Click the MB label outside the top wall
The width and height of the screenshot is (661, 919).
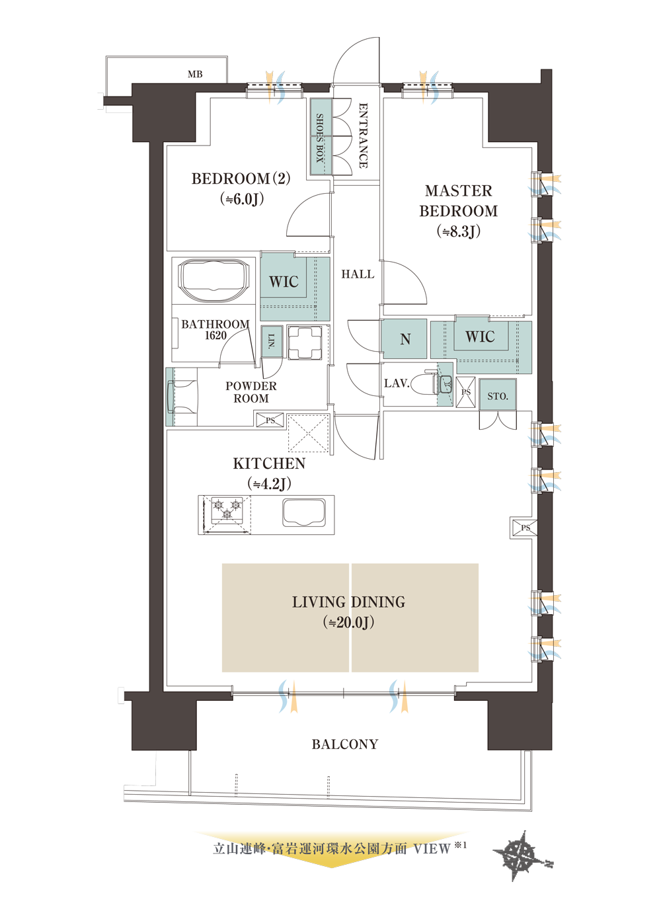pyautogui.click(x=195, y=74)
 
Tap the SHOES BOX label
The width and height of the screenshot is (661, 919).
pyautogui.click(x=320, y=137)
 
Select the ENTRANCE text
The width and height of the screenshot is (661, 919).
pyautogui.click(x=363, y=136)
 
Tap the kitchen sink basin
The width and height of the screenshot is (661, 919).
pyautogui.click(x=303, y=513)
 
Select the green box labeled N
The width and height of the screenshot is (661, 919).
pyautogui.click(x=404, y=339)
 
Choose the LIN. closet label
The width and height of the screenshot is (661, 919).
pyautogui.click(x=272, y=341)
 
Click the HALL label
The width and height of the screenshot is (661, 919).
pyautogui.click(x=358, y=274)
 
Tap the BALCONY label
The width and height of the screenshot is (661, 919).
pyautogui.click(x=345, y=744)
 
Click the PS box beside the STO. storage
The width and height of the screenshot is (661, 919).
pyautogui.click(x=465, y=392)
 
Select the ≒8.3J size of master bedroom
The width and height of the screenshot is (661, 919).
pyautogui.click(x=459, y=232)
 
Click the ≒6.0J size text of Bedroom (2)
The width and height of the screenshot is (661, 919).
pyautogui.click(x=241, y=200)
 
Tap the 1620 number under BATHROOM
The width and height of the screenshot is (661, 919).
pyautogui.click(x=215, y=336)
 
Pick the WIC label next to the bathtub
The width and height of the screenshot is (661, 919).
pyautogui.click(x=284, y=282)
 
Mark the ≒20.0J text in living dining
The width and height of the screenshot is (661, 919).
pyautogui.click(x=348, y=623)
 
